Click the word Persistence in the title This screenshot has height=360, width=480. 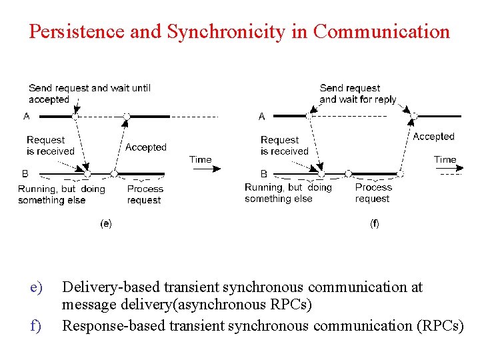[77, 32]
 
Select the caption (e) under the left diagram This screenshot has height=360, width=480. [105, 224]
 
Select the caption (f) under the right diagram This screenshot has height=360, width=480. [375, 224]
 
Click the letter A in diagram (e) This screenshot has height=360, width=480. [27, 117]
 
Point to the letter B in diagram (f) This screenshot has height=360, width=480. [264, 173]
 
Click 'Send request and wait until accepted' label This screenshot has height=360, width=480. [89, 93]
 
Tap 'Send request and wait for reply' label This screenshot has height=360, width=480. [358, 93]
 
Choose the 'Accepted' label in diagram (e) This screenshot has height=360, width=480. [146, 147]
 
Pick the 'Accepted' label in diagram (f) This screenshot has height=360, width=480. [433, 137]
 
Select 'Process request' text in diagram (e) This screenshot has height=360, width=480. [145, 194]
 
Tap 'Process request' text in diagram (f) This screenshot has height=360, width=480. [373, 193]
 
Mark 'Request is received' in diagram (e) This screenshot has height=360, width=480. [51, 145]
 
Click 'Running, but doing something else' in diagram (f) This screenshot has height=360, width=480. [288, 193]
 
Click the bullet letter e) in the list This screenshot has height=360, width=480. [36, 288]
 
